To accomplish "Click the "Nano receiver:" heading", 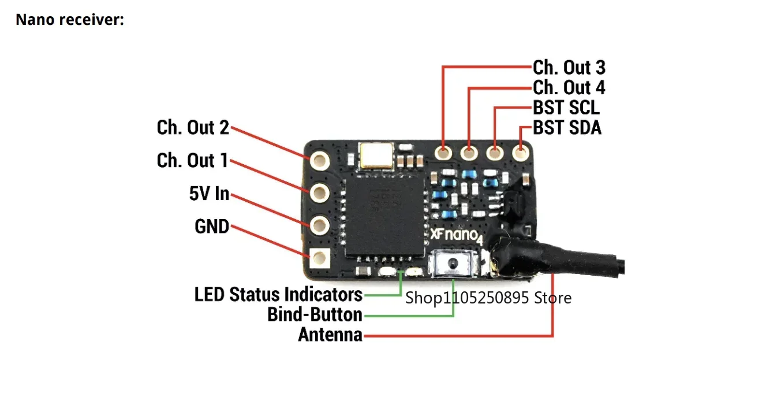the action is point(70,20).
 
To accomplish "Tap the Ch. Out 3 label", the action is point(569,68).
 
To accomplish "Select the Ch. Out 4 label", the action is point(569,87).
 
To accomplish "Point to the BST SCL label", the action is point(566,108).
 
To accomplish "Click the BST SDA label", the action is point(567,127).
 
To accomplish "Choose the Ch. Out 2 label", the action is point(193,127).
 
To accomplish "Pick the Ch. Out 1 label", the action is point(192,161).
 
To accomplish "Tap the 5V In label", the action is point(209,194).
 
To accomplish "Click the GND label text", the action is point(212,227).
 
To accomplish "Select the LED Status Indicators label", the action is point(279,294).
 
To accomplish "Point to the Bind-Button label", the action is point(315,314).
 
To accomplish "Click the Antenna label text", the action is point(331,335).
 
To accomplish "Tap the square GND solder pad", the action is point(319,258).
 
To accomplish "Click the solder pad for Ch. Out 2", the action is point(319,161).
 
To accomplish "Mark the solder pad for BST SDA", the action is point(520,152).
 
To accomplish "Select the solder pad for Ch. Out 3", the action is point(443,153).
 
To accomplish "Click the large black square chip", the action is point(384,217).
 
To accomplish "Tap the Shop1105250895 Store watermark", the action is point(488,298).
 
